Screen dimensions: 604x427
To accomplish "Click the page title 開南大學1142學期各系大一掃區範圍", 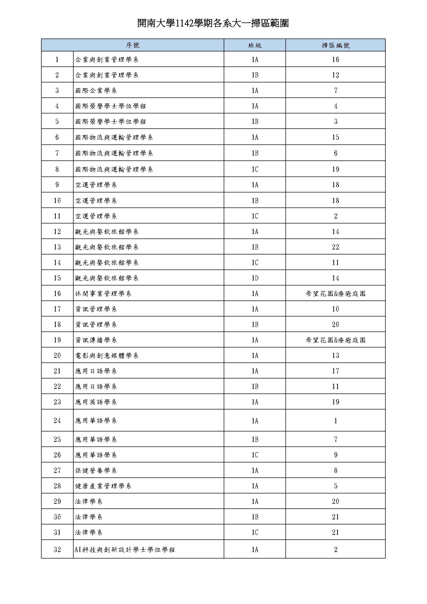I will (x=213, y=23).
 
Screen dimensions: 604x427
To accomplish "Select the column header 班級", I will (x=255, y=45).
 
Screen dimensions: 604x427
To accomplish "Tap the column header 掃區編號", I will (x=335, y=45).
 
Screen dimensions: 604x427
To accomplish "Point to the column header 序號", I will (x=132, y=45).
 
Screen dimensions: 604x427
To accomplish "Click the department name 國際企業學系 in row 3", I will (x=96, y=91).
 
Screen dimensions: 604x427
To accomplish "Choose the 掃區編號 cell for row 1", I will (x=335, y=60).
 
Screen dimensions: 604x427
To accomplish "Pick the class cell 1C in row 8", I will (x=255, y=169).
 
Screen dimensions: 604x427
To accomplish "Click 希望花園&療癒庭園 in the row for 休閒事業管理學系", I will (x=335, y=294).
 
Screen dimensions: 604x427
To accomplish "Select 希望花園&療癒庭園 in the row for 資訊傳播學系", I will (x=335, y=340).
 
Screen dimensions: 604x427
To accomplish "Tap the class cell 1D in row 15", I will (x=255, y=278).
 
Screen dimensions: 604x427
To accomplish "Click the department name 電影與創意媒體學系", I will (x=107, y=356).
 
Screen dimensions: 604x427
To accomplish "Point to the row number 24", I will (x=57, y=421).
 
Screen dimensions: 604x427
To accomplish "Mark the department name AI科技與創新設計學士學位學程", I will (x=125, y=550).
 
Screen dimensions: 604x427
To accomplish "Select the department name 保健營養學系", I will (x=96, y=470).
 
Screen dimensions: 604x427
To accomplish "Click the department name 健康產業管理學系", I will (x=103, y=486).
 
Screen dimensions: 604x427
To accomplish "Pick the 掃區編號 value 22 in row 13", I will (x=335, y=247).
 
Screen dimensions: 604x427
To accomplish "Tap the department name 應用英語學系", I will (x=96, y=402).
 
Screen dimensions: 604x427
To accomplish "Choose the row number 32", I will (x=57, y=550).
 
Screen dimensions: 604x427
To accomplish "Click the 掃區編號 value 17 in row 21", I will (x=335, y=371).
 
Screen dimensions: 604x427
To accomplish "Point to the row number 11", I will (x=57, y=216).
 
